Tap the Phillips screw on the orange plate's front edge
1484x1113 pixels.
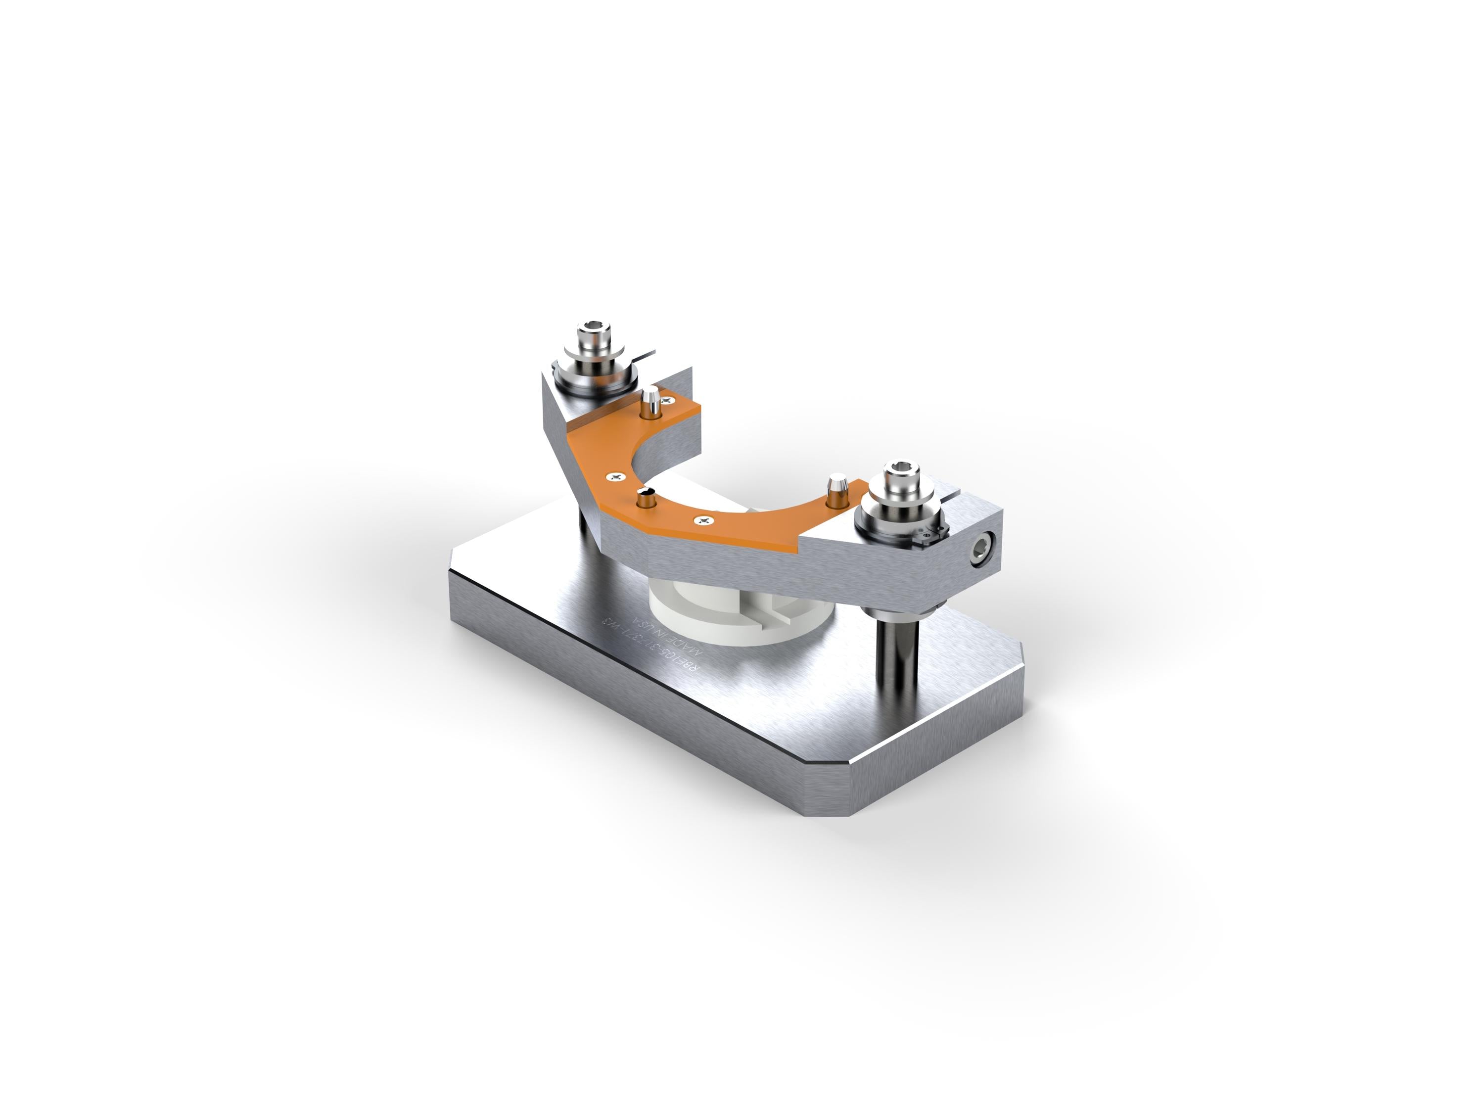(702, 520)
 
